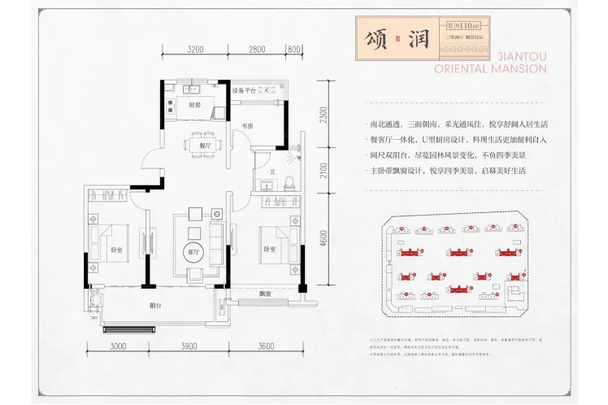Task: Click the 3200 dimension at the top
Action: pyautogui.click(x=194, y=50)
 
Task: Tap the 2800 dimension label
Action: pyautogui.click(x=257, y=50)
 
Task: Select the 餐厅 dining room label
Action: pyautogui.click(x=204, y=144)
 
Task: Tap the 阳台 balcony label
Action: pyautogui.click(x=154, y=307)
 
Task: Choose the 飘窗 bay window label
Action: pyautogui.click(x=264, y=294)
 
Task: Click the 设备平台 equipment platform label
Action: pyautogui.click(x=244, y=90)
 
